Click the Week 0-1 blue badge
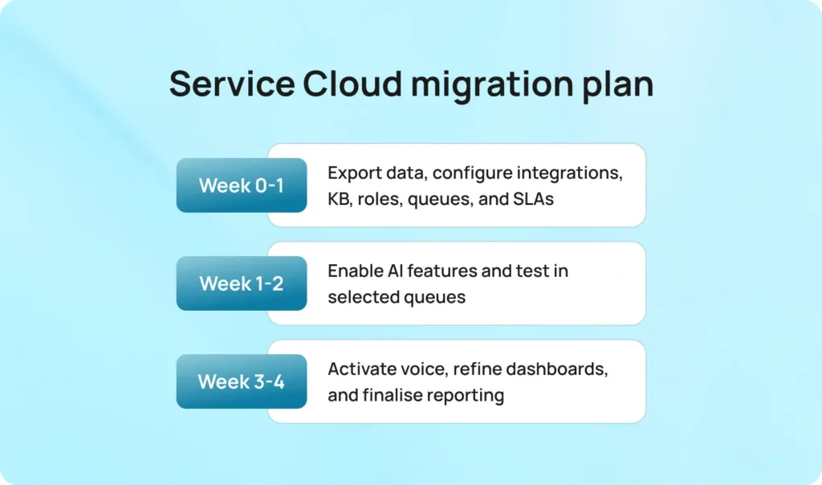tap(242, 185)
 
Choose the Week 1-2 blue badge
tap(242, 283)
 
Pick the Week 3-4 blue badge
tap(242, 381)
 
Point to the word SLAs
tap(533, 199)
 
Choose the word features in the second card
tap(441, 271)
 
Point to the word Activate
tap(360, 369)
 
